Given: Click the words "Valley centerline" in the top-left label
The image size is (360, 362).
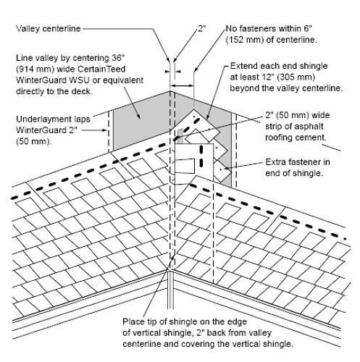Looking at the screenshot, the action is (x=48, y=29).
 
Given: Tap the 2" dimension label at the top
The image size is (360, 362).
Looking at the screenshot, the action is (x=202, y=29).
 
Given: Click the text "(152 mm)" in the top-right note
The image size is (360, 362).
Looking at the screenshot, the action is (x=245, y=40).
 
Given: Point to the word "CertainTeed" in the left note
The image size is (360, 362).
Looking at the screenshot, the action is (x=101, y=69).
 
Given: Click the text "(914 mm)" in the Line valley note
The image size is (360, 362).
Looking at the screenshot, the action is (x=35, y=70).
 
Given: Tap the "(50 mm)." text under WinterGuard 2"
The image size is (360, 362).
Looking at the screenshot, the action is (x=33, y=141).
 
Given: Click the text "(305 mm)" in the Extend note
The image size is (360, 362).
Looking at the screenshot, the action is (x=296, y=77).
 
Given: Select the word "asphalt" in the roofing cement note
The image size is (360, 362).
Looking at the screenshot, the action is (x=309, y=127).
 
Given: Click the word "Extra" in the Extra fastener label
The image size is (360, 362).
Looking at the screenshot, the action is (x=275, y=162).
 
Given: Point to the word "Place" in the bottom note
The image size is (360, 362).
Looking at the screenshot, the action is (x=133, y=321).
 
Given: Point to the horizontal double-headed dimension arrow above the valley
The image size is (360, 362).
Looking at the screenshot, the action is (x=182, y=85).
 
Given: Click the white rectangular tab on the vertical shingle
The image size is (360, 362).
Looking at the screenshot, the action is (x=185, y=166).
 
